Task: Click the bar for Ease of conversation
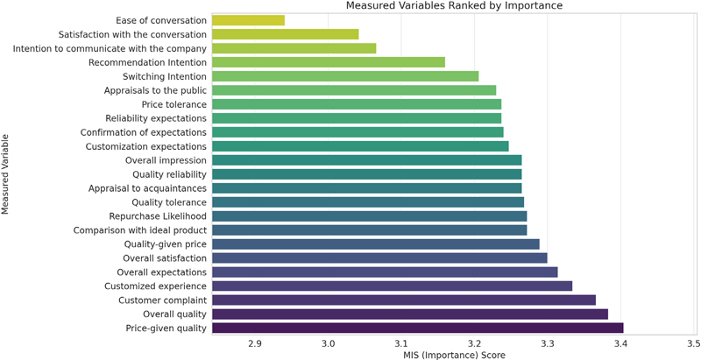(x=248, y=19)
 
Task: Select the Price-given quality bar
(x=417, y=328)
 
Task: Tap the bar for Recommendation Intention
(x=329, y=61)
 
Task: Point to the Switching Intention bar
(x=345, y=75)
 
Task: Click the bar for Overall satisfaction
(x=379, y=258)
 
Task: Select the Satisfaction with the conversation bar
(x=286, y=33)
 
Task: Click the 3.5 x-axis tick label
(x=693, y=343)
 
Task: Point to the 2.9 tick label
(x=255, y=343)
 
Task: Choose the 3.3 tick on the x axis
(x=548, y=343)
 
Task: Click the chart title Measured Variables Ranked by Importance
(x=454, y=6)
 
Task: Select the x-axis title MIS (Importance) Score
(x=454, y=355)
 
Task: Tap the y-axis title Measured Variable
(x=7, y=173)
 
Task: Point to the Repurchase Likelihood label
(x=158, y=215)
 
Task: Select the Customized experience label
(x=155, y=286)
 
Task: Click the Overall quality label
(x=174, y=314)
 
